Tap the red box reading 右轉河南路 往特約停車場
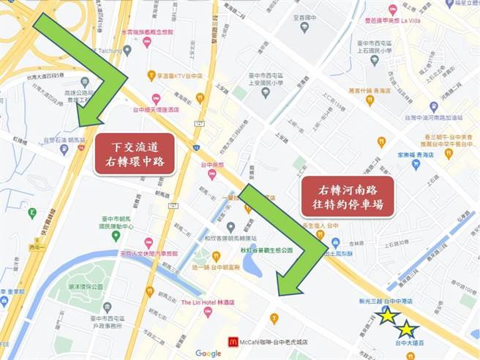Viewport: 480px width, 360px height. pyautogui.click(x=348, y=195)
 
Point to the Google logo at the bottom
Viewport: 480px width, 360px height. pyautogui.click(x=208, y=353)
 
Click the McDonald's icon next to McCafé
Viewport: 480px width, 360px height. pyautogui.click(x=233, y=340)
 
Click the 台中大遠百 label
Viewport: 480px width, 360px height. pyautogui.click(x=410, y=342)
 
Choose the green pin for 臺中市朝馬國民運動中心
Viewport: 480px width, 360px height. pyautogui.click(x=32, y=214)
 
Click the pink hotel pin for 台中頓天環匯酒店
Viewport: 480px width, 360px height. pyautogui.click(x=156, y=99)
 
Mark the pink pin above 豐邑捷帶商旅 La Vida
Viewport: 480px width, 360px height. pyautogui.click(x=393, y=10)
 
